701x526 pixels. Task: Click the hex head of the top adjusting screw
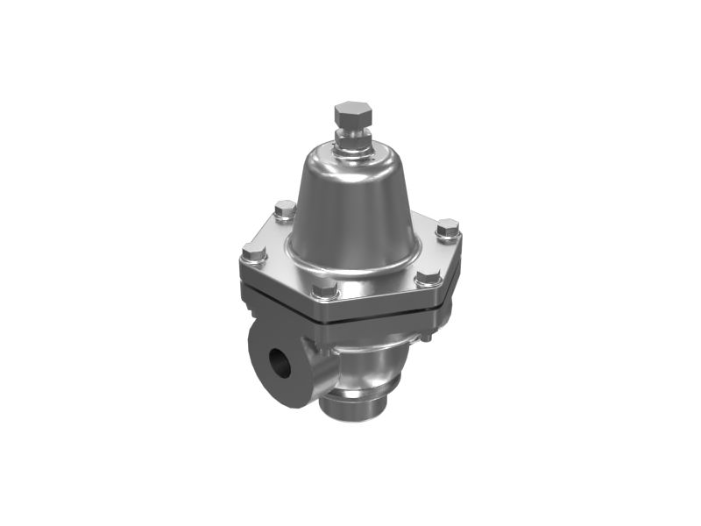353,114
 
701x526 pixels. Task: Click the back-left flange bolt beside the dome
285,210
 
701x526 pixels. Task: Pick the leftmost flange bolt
254,256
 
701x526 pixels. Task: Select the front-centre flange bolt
324,289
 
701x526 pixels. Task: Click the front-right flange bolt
428,279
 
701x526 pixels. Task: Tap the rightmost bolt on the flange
447,230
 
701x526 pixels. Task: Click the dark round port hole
280,362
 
